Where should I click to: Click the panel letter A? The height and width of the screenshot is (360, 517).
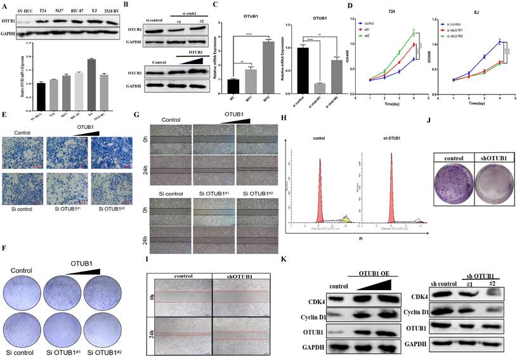[5, 6]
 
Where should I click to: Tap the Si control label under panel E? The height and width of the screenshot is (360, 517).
[22, 206]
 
